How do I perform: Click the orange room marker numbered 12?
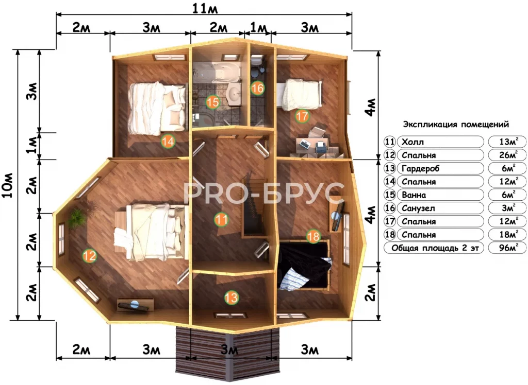point(90,256)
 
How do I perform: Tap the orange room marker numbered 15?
point(213,102)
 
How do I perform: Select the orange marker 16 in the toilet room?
point(258,88)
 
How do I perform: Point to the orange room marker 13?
point(232,297)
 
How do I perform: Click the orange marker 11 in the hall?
point(221,220)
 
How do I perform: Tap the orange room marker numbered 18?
point(313,236)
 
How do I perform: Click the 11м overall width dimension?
point(205,9)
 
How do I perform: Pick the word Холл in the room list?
point(413,142)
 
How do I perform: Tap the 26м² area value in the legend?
point(508,155)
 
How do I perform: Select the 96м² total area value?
point(508,248)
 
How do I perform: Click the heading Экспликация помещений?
point(456,125)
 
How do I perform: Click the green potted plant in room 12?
point(77,218)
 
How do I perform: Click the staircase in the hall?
point(255,205)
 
